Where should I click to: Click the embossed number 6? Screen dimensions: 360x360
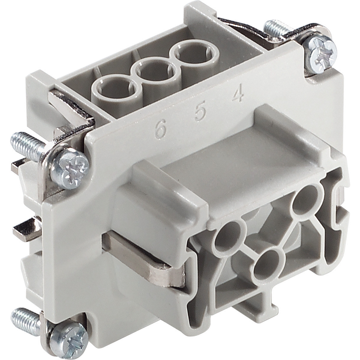[x=161, y=129]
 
